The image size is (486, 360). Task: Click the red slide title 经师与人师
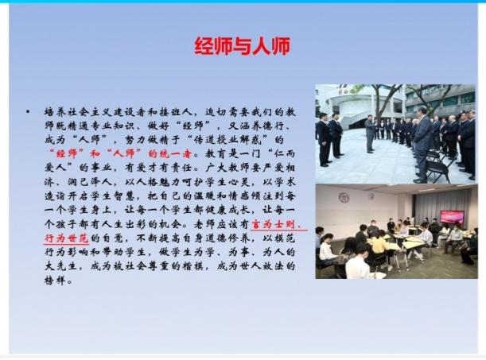pos(243,46)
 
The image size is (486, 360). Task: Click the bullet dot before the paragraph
pos(28,111)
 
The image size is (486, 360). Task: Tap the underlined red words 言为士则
pos(273,224)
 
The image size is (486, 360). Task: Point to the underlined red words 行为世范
pos(67,238)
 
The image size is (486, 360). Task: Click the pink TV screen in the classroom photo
pos(453,217)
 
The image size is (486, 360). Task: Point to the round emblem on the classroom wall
pos(344,198)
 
